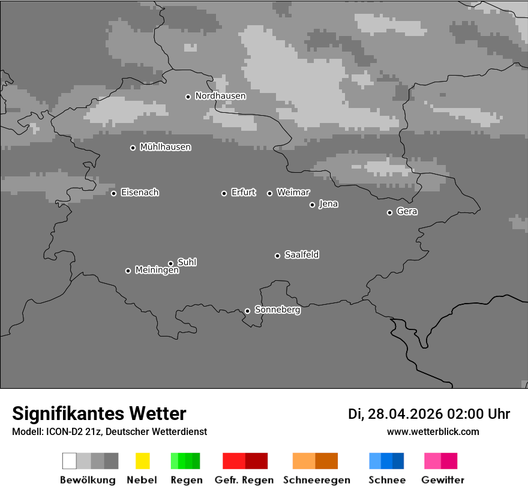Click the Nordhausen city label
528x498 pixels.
[x=220, y=96]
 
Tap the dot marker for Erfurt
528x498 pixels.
[x=224, y=193]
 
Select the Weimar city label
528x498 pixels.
[x=293, y=193]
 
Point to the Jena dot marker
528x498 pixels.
[x=312, y=205]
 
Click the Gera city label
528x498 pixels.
[x=407, y=212]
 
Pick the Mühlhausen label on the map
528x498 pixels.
[x=165, y=147]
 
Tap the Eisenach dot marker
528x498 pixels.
[x=113, y=193]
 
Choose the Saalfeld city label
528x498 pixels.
[x=302, y=255]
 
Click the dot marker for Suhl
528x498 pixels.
[x=170, y=263]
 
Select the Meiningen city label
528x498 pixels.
[x=157, y=271]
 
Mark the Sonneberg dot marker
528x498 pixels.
[x=247, y=311]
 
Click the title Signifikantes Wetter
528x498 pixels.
[x=99, y=414]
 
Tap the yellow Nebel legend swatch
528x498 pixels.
[x=142, y=461]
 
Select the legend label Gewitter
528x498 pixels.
[x=443, y=480]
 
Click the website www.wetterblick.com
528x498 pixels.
[x=433, y=432]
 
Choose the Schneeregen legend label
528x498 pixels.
[x=317, y=480]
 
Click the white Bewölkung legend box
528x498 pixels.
[x=69, y=461]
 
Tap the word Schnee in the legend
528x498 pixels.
[x=386, y=480]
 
